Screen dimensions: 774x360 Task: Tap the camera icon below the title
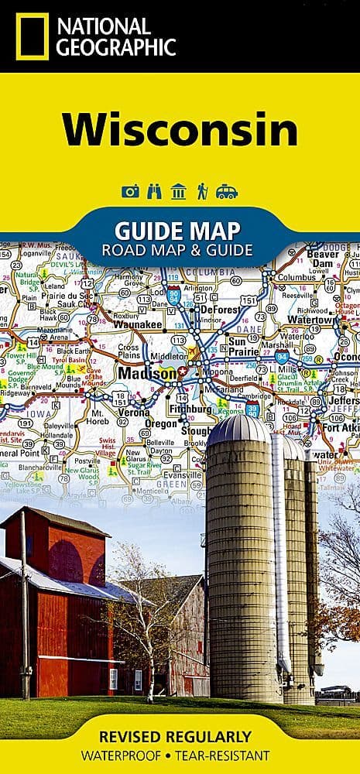[x=130, y=191]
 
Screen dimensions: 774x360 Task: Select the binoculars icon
[x=154, y=191]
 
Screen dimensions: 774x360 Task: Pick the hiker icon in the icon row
[x=202, y=191]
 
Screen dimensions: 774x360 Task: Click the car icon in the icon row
[x=227, y=191]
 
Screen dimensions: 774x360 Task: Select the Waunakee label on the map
[x=137, y=325]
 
